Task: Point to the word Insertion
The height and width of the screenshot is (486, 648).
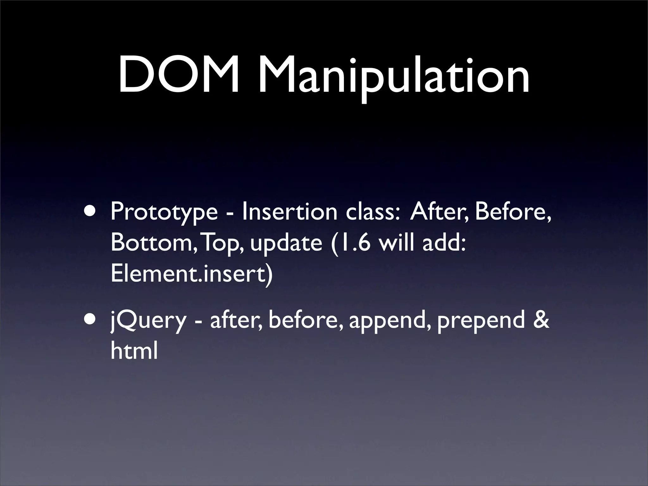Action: tap(289, 211)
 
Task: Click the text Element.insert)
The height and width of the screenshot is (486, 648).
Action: tap(191, 274)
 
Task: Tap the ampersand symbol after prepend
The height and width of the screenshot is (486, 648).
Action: tap(541, 320)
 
